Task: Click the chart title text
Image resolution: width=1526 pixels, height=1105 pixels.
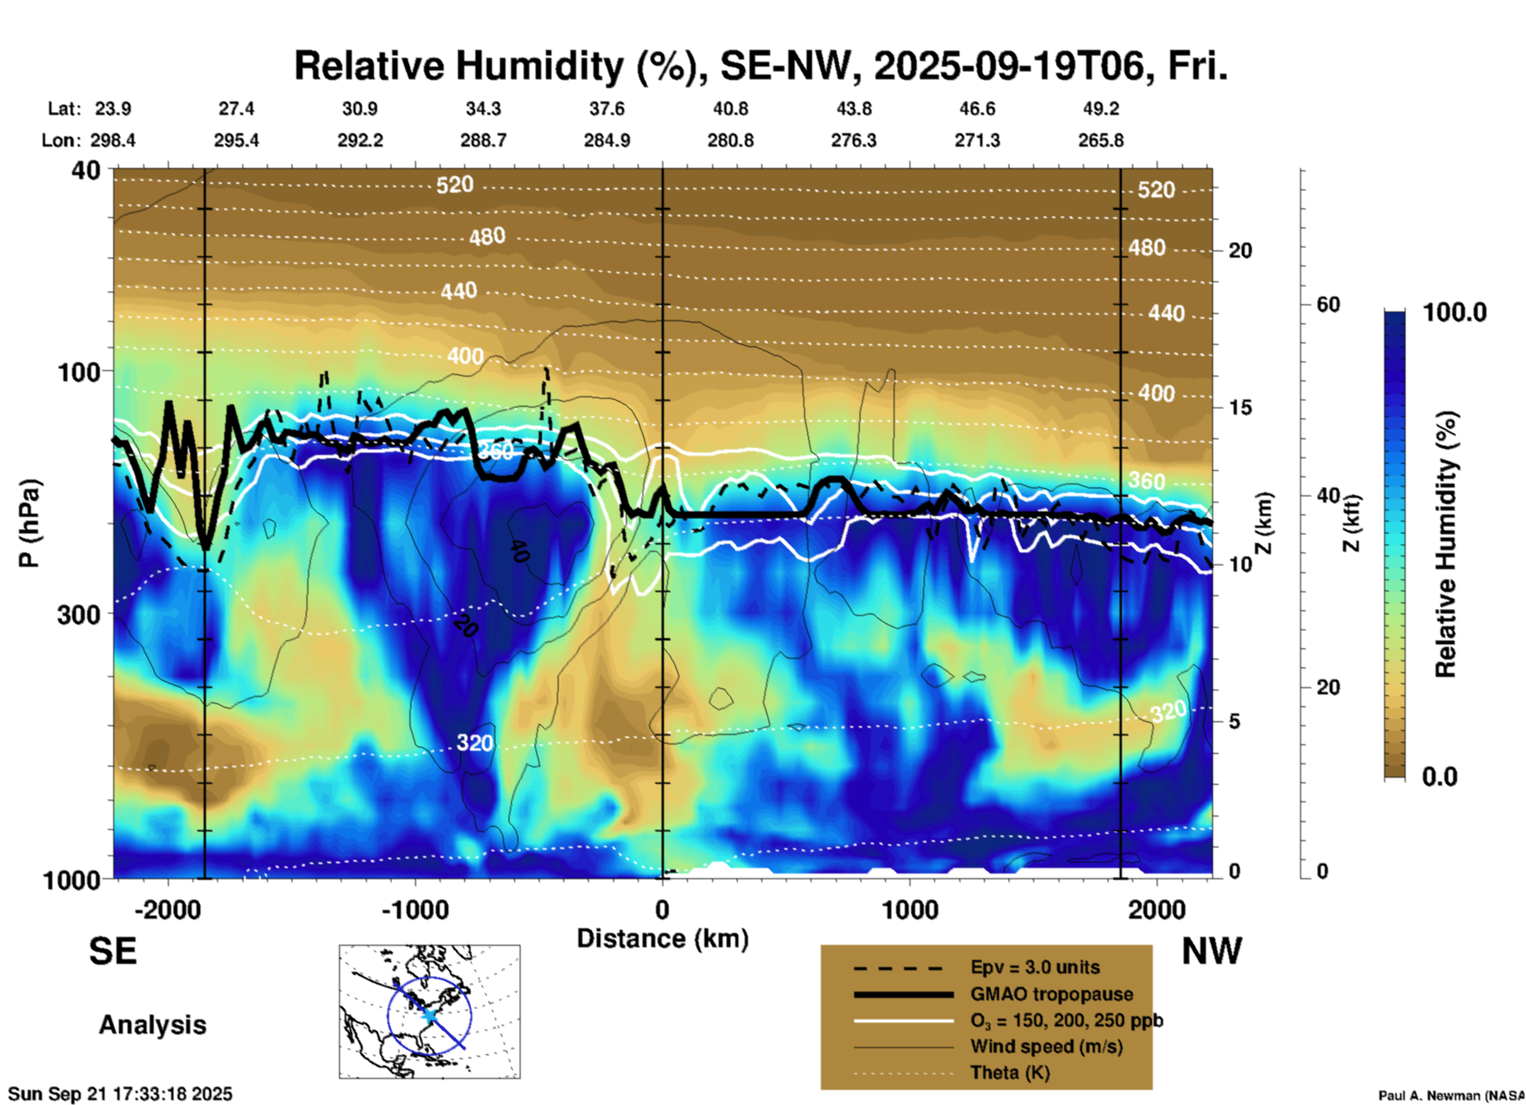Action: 761,66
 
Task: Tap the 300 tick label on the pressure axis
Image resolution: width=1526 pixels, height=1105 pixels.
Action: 79,614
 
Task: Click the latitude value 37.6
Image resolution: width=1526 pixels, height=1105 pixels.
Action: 606,109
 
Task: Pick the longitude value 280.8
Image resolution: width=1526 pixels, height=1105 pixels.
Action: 730,140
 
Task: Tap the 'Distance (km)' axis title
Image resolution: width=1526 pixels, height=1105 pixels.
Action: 662,939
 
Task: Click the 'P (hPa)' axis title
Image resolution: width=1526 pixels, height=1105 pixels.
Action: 29,523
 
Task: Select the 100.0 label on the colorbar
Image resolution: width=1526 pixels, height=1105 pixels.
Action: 1455,312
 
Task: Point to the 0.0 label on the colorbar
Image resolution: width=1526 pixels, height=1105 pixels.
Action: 1440,777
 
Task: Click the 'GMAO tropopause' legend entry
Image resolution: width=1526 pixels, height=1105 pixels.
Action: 1051,994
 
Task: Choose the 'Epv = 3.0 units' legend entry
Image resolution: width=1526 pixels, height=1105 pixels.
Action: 1035,968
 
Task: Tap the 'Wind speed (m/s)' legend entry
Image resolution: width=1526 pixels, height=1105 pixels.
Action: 1046,1047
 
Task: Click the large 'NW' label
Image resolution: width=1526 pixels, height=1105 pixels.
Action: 1211,951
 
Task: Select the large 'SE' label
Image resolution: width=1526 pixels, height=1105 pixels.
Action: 113,951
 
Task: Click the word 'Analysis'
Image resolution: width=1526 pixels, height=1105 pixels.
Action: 152,1025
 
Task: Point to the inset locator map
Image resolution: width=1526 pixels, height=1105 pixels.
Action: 429,1011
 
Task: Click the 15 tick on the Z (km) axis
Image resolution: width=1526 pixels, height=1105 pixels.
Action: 1240,407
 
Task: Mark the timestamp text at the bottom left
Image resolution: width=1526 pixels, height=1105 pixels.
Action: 120,1094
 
